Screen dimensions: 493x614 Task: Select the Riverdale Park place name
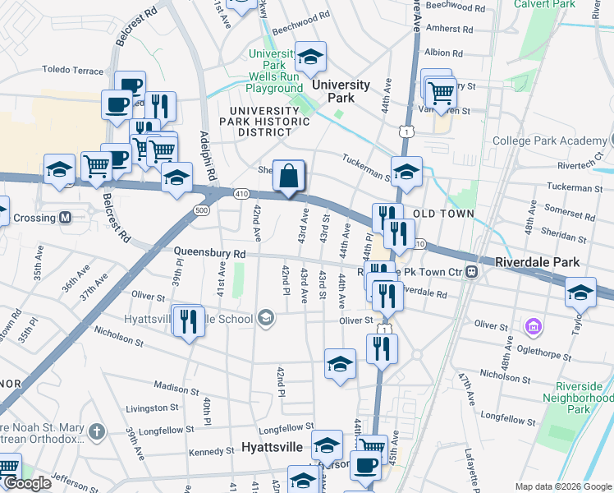[x=538, y=262]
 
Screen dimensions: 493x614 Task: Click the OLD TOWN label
[x=443, y=214]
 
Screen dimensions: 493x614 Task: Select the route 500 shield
[x=202, y=210]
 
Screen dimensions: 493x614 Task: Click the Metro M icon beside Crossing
[x=65, y=218]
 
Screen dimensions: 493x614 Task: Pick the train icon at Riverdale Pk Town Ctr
[x=473, y=271]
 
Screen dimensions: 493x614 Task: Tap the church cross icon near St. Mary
[x=96, y=431]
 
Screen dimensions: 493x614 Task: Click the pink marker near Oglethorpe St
[x=534, y=328]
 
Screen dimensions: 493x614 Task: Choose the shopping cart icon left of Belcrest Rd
[x=96, y=166]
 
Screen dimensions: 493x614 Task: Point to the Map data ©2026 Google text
[x=563, y=486]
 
